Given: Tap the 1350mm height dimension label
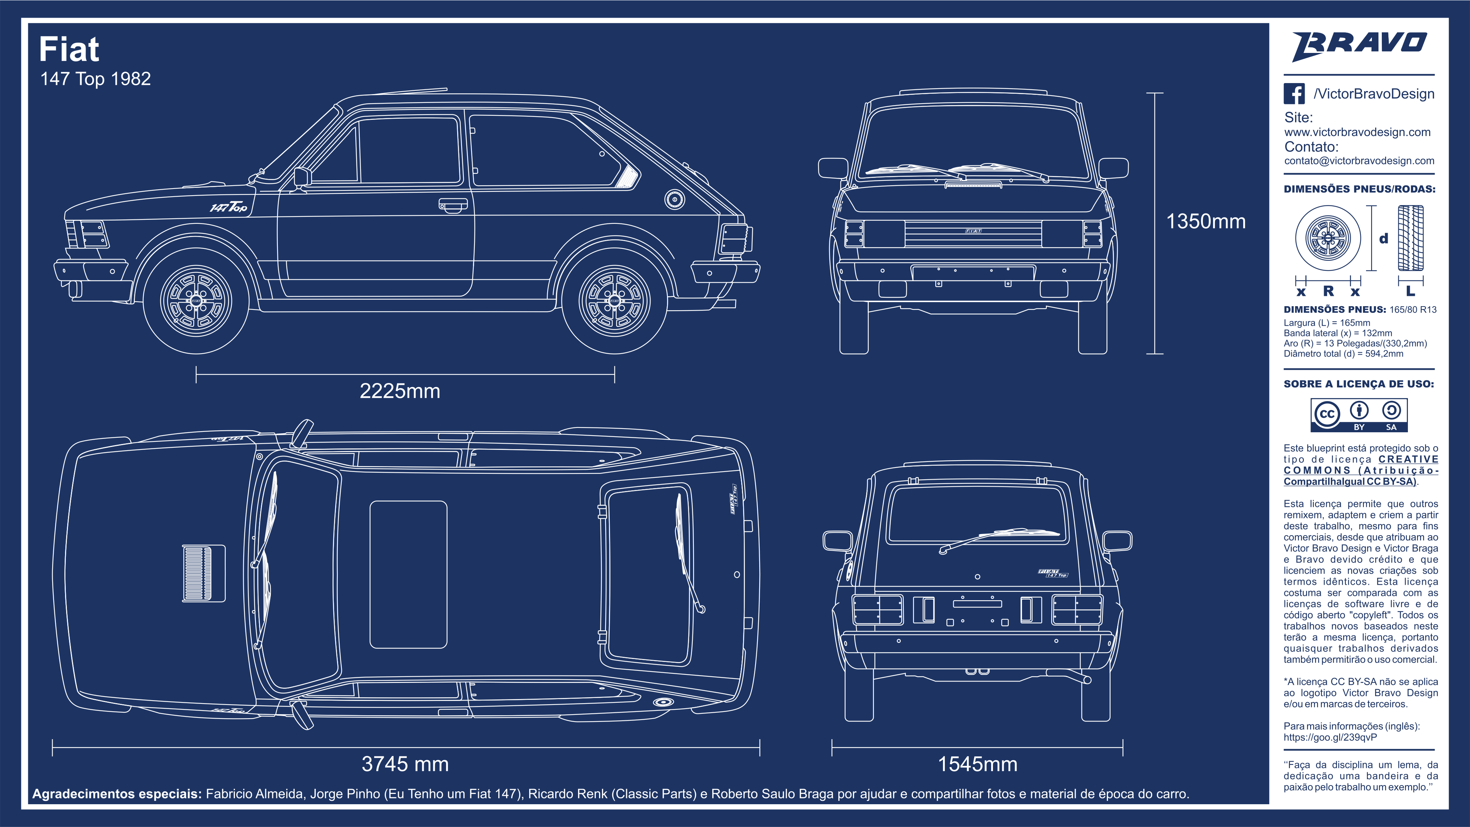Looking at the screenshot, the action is [x=1206, y=221].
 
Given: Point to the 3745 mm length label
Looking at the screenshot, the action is [x=405, y=764].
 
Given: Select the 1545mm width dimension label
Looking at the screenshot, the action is [x=978, y=764].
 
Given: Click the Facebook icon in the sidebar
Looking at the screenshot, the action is [x=1294, y=94].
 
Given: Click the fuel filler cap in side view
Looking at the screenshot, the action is [x=674, y=199].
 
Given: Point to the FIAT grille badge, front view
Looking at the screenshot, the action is [x=974, y=231].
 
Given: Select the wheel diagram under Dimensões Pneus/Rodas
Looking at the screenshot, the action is [x=1328, y=238].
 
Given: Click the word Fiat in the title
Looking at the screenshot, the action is [x=69, y=49].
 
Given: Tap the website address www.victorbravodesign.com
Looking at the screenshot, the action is [x=1358, y=132].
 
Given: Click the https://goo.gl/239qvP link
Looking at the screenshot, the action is [x=1330, y=737].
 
